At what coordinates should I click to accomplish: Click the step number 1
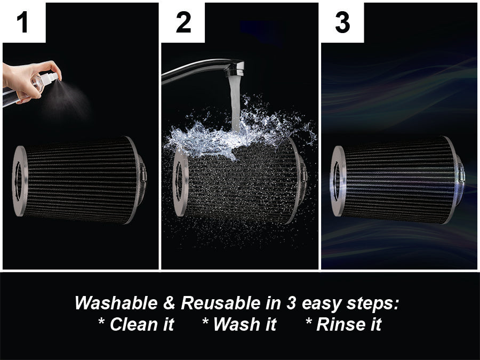click(x=22, y=22)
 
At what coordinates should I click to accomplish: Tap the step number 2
click(x=183, y=22)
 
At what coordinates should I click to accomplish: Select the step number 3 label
click(x=342, y=22)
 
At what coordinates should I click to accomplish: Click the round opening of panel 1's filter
click(x=18, y=181)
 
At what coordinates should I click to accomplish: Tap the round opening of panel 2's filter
click(x=179, y=181)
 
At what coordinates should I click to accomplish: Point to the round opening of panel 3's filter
click(x=337, y=181)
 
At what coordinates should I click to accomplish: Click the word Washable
click(x=116, y=303)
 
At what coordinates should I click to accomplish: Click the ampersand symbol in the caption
click(x=169, y=303)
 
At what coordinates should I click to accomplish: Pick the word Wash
click(x=239, y=324)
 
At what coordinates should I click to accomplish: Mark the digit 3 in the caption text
click(x=291, y=303)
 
